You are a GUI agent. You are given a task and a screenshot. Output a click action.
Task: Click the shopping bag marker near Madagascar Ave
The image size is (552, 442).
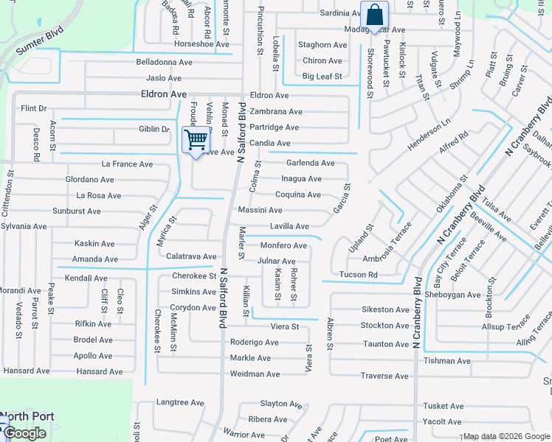(374, 15)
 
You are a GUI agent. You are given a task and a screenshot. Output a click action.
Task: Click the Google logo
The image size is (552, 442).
(24, 433)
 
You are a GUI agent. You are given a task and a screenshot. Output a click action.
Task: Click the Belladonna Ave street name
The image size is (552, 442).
(164, 63)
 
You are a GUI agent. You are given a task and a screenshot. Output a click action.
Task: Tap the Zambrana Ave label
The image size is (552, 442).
(276, 112)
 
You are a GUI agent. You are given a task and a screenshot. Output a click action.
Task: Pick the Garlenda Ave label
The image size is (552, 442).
(311, 163)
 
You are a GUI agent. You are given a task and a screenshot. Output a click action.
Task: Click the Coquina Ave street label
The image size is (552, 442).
(298, 195)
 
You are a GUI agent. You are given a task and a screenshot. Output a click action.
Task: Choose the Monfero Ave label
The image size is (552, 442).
(283, 245)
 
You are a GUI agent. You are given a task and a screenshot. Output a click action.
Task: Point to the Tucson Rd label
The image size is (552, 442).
(359, 275)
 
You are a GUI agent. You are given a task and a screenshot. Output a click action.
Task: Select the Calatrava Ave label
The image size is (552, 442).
(191, 256)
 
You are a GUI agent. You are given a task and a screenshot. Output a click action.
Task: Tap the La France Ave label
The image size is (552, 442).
(127, 164)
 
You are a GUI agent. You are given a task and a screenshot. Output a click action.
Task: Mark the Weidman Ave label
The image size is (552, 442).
(255, 374)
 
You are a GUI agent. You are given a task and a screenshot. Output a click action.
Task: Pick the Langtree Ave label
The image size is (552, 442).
(180, 403)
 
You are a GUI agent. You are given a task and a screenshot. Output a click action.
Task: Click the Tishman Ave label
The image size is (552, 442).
(447, 361)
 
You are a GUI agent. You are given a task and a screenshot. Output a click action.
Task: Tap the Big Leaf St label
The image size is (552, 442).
(322, 77)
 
